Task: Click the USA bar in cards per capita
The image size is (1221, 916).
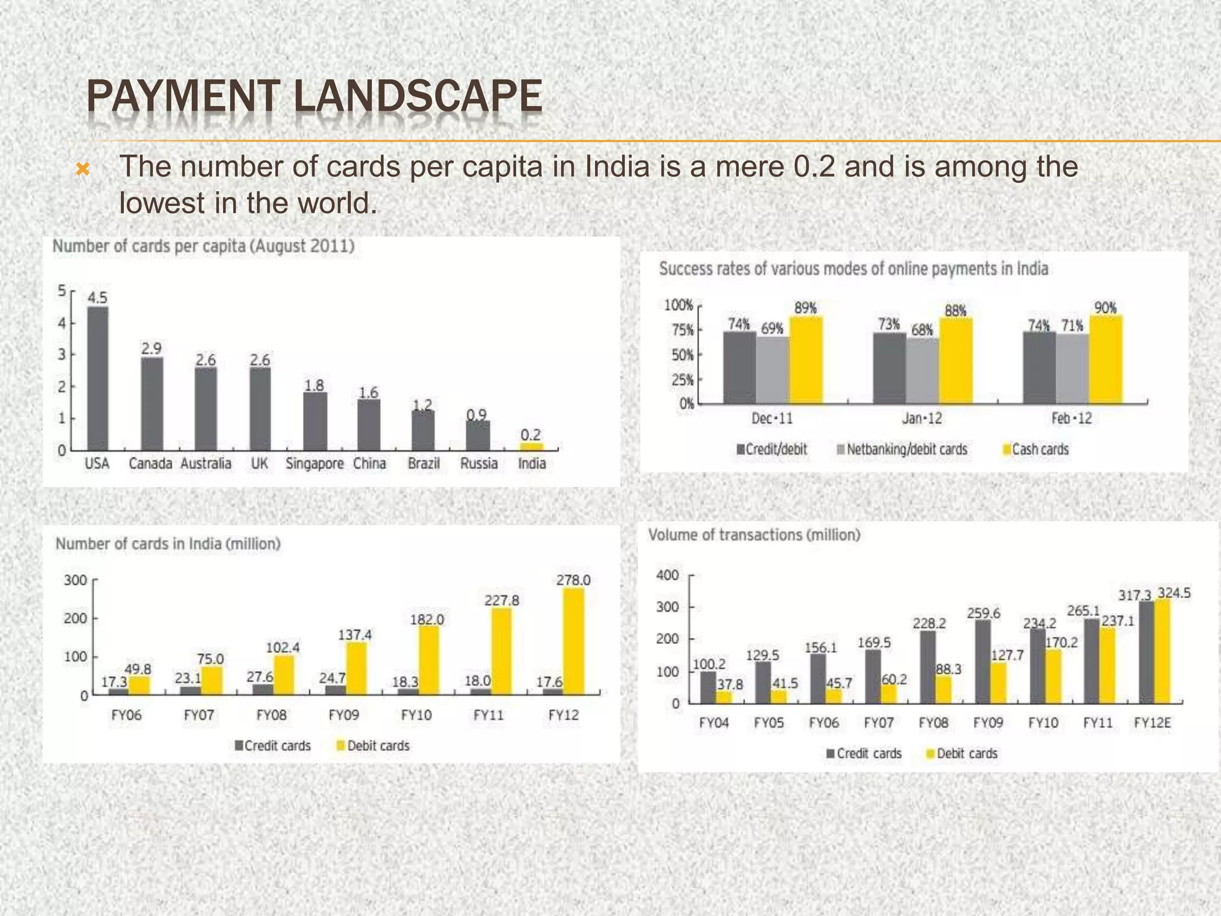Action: point(98,379)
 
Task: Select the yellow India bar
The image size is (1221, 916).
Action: point(531,447)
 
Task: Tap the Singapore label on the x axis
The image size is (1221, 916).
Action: point(314,463)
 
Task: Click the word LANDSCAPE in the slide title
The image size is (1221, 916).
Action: point(418,97)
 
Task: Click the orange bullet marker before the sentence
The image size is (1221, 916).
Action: point(83,170)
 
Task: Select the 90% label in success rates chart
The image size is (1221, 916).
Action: point(1105,308)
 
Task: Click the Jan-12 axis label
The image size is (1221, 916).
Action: point(922,418)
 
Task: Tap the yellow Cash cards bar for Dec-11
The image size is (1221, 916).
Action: point(805,361)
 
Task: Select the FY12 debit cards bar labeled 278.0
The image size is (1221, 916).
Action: point(573,641)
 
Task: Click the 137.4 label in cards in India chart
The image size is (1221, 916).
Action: point(355,635)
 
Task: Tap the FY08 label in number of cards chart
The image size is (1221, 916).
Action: point(271,715)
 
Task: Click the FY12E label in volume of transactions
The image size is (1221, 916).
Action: point(1152,723)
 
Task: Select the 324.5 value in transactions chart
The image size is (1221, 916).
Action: point(1173,593)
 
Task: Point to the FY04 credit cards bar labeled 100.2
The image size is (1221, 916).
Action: point(708,688)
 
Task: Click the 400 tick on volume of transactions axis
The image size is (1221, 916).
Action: point(667,575)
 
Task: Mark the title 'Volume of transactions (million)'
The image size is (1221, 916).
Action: point(754,535)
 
